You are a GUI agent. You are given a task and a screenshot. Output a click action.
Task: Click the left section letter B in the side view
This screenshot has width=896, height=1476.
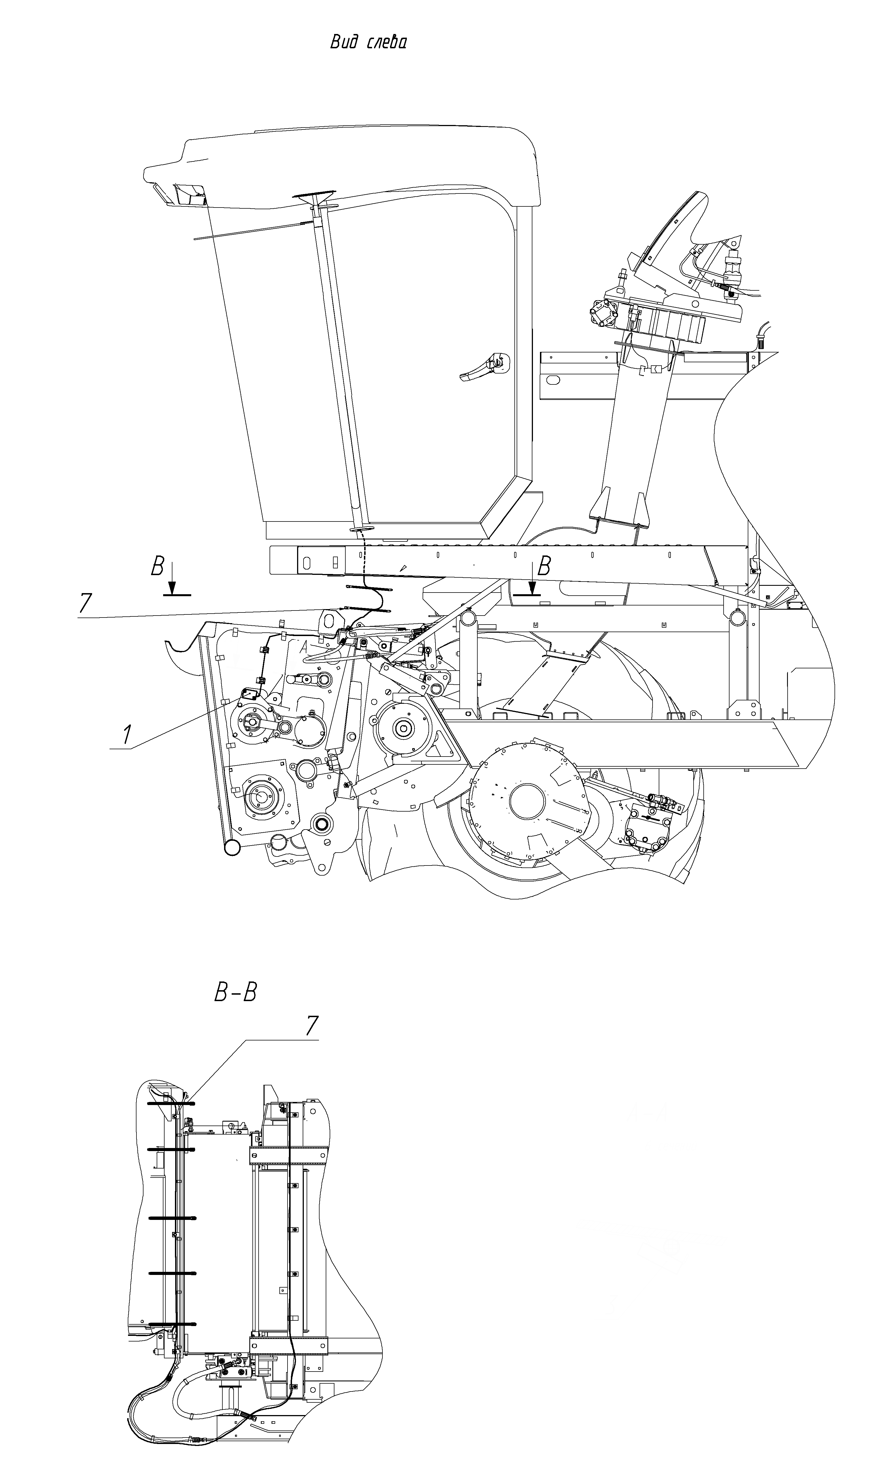157,566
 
